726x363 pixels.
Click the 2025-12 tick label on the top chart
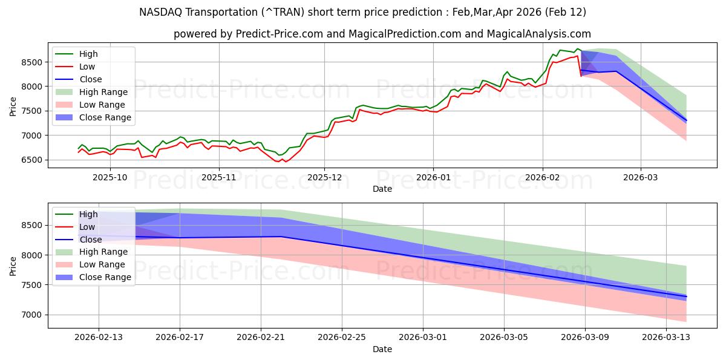coord(324,177)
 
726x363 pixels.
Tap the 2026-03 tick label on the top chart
coord(641,177)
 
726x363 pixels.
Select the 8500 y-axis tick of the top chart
coord(32,62)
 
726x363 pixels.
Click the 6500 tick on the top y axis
coord(32,160)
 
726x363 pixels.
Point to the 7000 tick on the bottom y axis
coord(32,315)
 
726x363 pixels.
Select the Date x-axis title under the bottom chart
coord(382,349)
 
